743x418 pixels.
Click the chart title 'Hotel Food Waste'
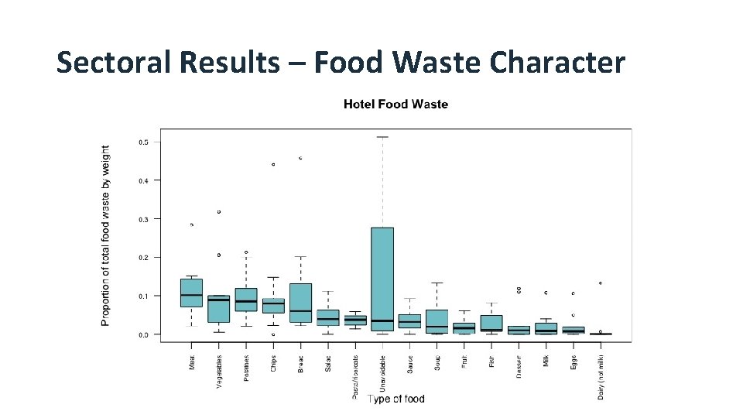395,104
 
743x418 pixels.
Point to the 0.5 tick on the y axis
144,142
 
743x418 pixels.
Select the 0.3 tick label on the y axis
144,219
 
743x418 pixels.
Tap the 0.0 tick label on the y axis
144,334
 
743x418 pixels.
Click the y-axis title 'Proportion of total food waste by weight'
106,235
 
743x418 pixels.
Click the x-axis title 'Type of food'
395,399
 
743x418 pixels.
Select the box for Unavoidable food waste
382,279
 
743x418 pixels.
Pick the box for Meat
191,293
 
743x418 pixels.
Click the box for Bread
300,302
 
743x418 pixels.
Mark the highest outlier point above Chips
273,164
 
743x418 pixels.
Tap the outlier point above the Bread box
300,158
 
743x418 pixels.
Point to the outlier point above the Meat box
191,224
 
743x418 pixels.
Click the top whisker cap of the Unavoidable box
382,137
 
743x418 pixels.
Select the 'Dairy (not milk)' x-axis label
601,375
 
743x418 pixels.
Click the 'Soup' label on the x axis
437,363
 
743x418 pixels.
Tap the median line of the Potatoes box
246,301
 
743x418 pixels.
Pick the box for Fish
491,322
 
